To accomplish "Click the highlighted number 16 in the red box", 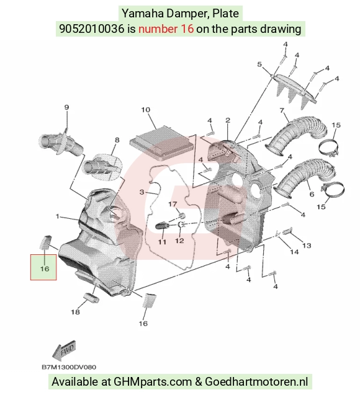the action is click(x=45, y=269).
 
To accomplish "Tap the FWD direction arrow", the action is click(x=64, y=350).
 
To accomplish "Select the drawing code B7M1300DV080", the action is click(x=69, y=367).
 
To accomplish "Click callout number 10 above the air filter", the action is click(x=146, y=110).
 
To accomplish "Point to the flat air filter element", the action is click(x=162, y=143).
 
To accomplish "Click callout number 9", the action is click(x=66, y=107).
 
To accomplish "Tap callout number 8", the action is click(x=117, y=140).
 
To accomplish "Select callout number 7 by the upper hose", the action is click(x=282, y=110).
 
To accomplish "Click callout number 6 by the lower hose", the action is click(x=312, y=194).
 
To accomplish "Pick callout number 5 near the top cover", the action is click(x=259, y=64).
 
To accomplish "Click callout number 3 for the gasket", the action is click(x=142, y=192).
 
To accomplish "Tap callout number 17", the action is click(x=173, y=204).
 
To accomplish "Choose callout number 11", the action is click(x=162, y=242).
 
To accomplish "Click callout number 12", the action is click(x=179, y=241).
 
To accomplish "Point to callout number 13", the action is click(x=307, y=246).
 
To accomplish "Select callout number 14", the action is click(x=294, y=252).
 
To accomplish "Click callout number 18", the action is click(x=75, y=312).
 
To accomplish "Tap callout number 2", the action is click(x=228, y=120).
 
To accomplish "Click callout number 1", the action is click(x=58, y=216).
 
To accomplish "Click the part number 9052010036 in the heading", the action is click(x=92, y=29).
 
